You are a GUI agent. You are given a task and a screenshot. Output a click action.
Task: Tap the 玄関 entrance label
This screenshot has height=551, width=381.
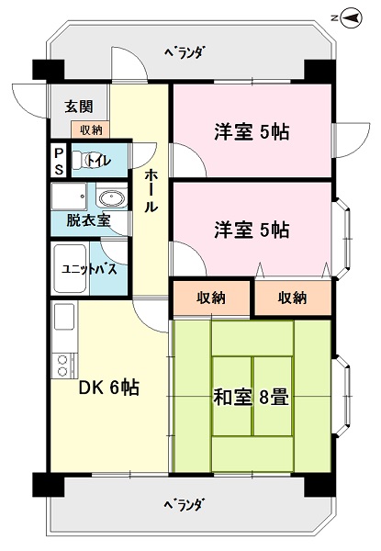79,107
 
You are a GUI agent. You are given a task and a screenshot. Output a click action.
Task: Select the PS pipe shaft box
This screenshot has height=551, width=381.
59,161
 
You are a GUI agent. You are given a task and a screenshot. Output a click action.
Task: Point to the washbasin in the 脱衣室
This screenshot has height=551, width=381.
111,198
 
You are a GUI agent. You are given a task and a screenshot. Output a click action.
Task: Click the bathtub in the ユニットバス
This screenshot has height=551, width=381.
70,268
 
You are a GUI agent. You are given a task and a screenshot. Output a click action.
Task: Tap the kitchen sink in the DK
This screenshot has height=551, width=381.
64,316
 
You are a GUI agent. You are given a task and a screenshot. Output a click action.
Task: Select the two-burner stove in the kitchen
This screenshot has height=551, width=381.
64,365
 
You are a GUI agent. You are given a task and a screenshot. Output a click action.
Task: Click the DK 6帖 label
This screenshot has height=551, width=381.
109,388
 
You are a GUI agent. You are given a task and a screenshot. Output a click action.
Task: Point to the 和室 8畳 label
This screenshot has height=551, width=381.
252,399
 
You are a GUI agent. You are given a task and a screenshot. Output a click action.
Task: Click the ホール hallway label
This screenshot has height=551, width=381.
151,190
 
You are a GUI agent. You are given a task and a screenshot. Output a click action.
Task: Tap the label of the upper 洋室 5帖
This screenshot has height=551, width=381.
252,132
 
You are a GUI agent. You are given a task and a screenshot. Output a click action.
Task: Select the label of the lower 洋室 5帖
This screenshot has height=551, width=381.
252,230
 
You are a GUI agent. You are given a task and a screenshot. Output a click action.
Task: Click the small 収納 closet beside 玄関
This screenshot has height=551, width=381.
91,129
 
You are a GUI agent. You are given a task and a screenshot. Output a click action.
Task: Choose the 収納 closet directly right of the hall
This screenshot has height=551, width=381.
211,298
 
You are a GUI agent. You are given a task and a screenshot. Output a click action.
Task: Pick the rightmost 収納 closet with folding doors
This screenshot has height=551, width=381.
293,298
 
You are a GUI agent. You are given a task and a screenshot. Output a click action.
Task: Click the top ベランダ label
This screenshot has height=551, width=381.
185,53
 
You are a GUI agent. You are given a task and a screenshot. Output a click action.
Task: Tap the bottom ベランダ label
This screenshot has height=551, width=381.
184,506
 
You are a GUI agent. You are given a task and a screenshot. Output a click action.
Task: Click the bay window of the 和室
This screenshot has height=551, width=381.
342,397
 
